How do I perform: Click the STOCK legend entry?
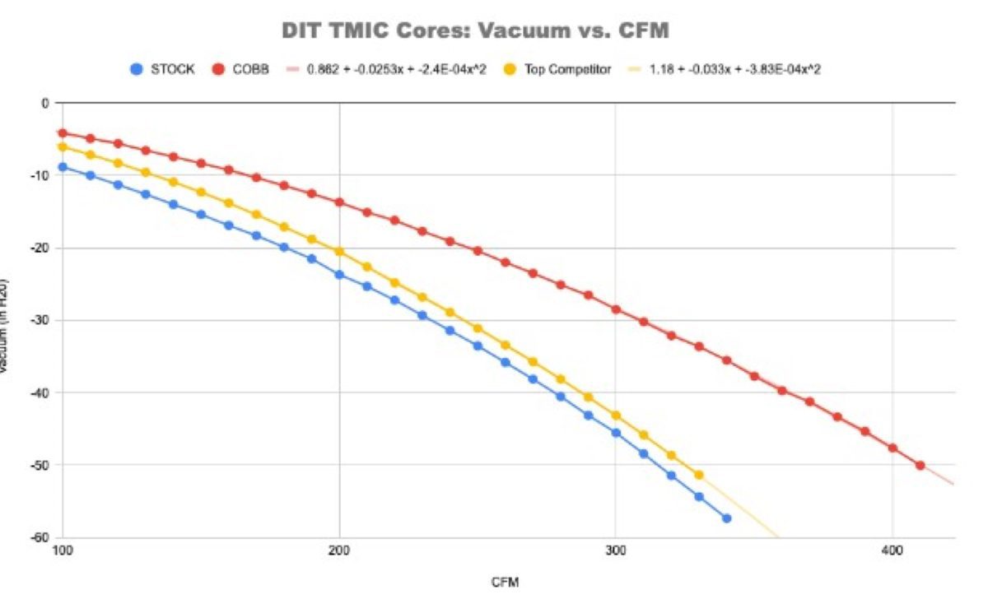pyautogui.click(x=172, y=69)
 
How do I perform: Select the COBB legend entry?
pyautogui.click(x=250, y=69)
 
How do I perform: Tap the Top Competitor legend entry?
pyautogui.click(x=567, y=69)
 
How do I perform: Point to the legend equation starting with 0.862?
pyautogui.click(x=396, y=69)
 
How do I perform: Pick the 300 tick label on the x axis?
pyautogui.click(x=616, y=549)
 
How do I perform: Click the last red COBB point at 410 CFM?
pyautogui.click(x=920, y=466)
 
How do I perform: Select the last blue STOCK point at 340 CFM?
pyautogui.click(x=726, y=518)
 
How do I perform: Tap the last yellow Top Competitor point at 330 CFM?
pyautogui.click(x=699, y=475)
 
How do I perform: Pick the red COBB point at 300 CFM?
pyautogui.click(x=616, y=309)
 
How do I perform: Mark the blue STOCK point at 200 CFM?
pyautogui.click(x=339, y=275)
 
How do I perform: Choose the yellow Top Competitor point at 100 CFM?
pyautogui.click(x=63, y=146)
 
